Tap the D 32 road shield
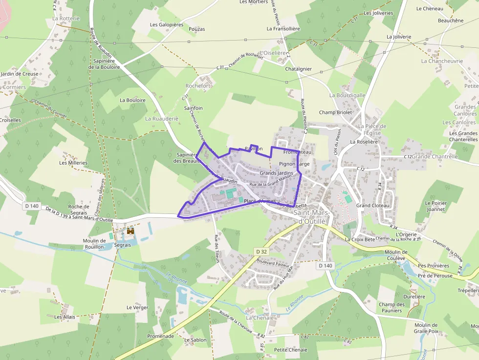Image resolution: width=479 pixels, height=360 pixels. pos(261,251)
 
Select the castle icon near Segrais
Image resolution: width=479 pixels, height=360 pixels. pos(131,231)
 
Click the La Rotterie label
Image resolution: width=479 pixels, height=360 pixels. pos(65,19)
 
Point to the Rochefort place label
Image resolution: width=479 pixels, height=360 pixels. pos(198,86)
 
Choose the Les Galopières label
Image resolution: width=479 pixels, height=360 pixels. pos(166,24)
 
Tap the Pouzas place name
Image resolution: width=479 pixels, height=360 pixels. pos(196,29)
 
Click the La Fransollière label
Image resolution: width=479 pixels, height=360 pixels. pos(283,29)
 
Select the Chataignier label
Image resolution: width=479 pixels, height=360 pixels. pos(298,69)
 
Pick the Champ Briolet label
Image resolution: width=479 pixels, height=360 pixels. pos(335,112)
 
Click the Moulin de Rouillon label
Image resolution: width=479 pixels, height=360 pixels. pos(94,244)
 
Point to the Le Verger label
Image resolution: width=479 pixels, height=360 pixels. pos(137,308)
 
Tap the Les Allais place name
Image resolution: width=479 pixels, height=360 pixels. pos(65,317)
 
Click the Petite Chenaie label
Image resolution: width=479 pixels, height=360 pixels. pos(290,350)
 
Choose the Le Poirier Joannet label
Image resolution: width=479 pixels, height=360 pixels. pos(435,206)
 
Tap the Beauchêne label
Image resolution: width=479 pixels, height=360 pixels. pos(451,21)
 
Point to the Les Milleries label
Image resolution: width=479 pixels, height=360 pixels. pos(73,163)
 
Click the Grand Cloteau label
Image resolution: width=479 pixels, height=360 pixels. pos(373,206)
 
